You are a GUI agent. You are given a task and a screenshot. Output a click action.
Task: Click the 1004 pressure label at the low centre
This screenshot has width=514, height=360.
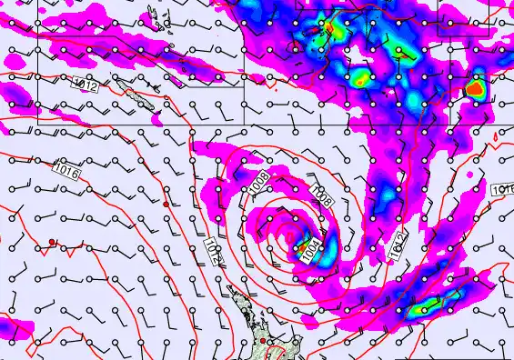tap(311, 246)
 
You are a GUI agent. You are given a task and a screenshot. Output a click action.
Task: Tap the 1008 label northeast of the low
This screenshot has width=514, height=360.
tap(319, 193)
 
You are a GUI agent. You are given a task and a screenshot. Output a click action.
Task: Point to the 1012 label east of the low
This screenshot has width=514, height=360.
tap(398, 245)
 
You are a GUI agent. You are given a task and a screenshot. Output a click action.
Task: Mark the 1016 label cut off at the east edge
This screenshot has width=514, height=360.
tap(503, 189)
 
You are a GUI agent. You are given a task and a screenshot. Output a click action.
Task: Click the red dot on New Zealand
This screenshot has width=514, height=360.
tap(263, 341)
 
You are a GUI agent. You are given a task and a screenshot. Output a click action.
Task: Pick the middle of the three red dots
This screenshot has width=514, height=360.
tap(166, 205)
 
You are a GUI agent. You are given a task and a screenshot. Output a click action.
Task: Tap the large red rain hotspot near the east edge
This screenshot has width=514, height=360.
tap(475, 88)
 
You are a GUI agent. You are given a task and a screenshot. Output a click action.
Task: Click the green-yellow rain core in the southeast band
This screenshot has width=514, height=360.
tap(418, 309)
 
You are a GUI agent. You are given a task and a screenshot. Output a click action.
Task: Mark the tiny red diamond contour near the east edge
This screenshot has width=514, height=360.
tap(494, 137)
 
